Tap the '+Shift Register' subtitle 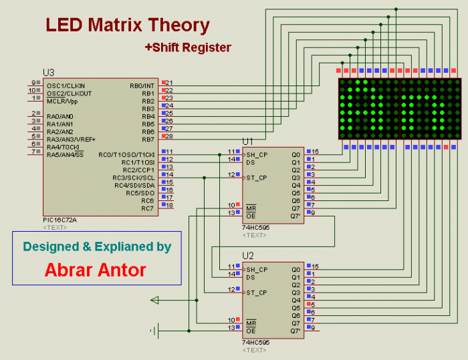coord(188,47)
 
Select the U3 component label coord(48,72)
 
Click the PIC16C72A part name coord(60,220)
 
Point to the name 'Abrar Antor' coord(96,270)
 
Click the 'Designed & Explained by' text coord(97,246)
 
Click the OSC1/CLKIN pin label coord(66,85)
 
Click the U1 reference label coord(248,142)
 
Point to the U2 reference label coord(248,256)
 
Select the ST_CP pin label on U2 coord(256,293)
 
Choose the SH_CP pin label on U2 coord(257,269)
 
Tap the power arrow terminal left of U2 coord(155,300)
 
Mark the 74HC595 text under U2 coord(255,342)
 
